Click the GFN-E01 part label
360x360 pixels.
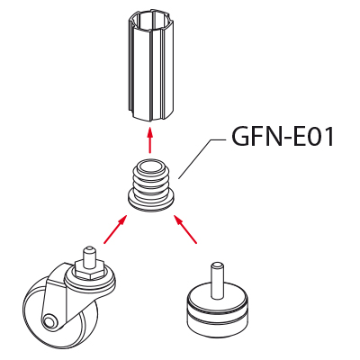click(283, 137)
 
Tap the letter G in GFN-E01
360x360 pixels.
click(240, 137)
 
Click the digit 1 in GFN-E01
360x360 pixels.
click(328, 137)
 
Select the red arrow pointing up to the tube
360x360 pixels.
click(150, 139)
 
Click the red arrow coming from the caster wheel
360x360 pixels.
click(115, 229)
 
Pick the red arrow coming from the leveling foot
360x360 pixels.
click(185, 229)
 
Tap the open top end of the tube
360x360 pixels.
click(150, 22)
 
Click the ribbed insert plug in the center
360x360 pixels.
click(150, 185)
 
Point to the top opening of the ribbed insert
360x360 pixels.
click(150, 167)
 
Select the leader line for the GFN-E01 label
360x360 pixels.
click(202, 159)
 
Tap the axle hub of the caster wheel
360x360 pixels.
click(49, 321)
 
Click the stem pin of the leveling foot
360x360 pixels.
click(217, 281)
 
